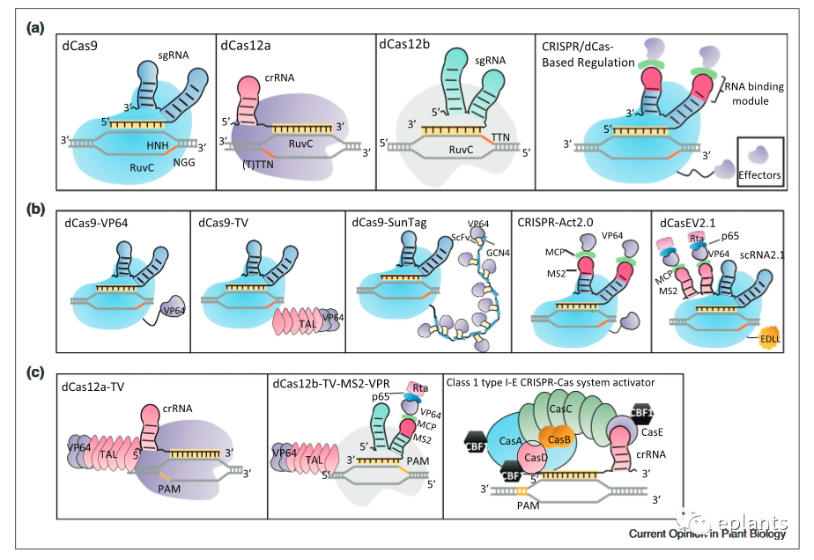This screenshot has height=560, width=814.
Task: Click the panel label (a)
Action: click(x=36, y=27)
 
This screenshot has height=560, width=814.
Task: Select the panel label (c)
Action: click(x=36, y=372)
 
